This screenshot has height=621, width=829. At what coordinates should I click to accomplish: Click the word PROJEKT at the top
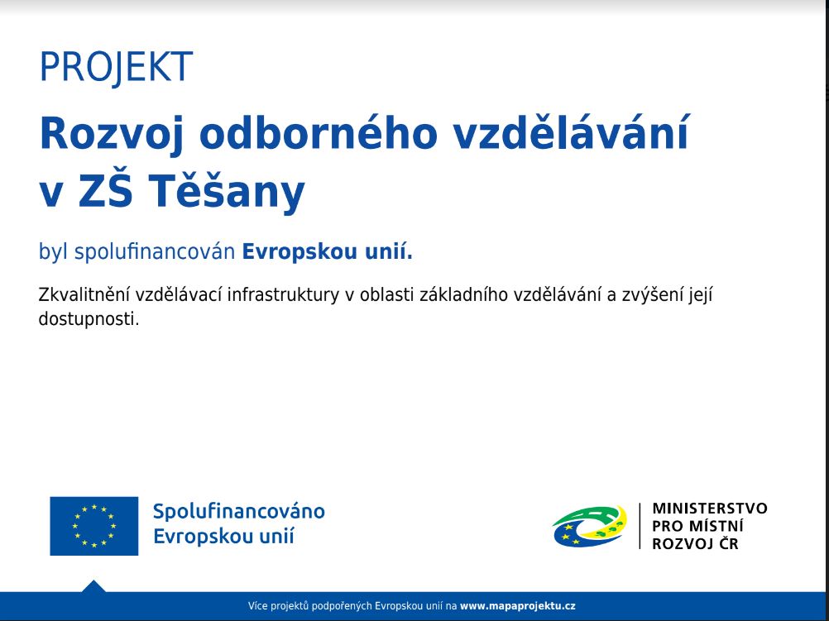pos(117,67)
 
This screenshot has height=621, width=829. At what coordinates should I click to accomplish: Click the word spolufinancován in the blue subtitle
pos(155,251)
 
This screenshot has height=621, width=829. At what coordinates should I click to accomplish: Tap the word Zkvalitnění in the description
pos(84,294)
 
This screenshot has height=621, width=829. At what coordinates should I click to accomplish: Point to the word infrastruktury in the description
pos(283,295)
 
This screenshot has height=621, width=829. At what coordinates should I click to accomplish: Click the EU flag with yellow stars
pos(94,526)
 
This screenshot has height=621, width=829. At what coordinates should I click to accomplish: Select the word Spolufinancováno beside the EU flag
pos(239,512)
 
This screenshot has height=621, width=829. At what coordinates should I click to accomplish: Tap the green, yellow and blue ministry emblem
pos(590,526)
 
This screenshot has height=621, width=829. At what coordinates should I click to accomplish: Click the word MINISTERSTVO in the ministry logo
pos(710,509)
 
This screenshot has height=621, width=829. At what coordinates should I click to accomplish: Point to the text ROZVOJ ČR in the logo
pos(695,543)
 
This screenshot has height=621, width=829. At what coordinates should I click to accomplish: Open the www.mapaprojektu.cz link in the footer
pos(518,606)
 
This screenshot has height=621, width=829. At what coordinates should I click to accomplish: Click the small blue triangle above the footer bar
pos(94,586)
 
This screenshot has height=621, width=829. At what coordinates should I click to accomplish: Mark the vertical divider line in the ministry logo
pos(640,526)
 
